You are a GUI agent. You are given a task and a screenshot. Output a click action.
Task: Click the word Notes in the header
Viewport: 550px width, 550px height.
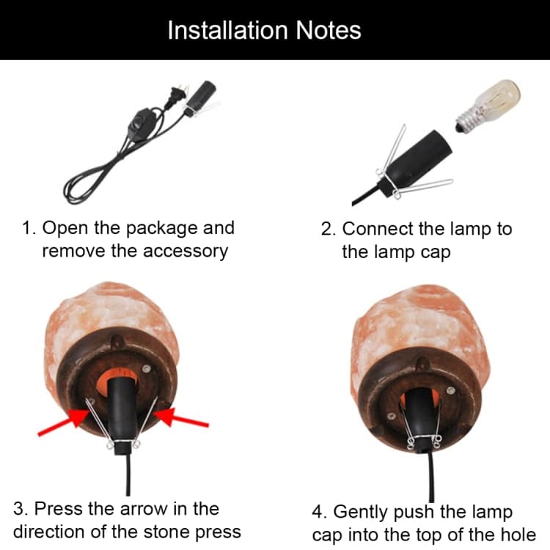pyautogui.click(x=329, y=30)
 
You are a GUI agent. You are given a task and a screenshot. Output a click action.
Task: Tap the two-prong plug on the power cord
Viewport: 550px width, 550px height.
pyautogui.click(x=176, y=95)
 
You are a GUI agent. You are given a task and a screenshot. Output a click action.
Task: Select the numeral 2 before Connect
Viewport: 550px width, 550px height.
pyautogui.click(x=326, y=229)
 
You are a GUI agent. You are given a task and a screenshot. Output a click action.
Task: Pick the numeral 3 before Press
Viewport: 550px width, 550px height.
pyautogui.click(x=18, y=509)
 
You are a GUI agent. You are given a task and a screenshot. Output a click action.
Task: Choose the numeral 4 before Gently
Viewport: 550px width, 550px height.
pyautogui.click(x=318, y=512)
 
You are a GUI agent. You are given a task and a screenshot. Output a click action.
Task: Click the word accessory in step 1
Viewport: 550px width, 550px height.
pyautogui.click(x=186, y=252)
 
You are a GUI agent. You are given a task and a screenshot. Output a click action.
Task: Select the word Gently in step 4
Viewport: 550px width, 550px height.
pyautogui.click(x=361, y=513)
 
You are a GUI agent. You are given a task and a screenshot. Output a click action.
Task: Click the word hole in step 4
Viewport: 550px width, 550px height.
pyautogui.click(x=519, y=535)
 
